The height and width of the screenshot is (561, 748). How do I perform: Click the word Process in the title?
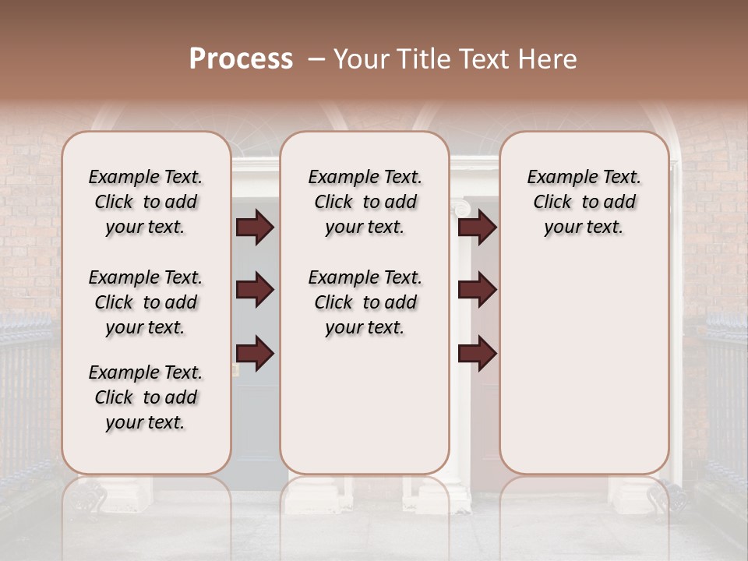pos(241,59)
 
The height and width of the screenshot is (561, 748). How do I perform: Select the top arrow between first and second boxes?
pos(254,228)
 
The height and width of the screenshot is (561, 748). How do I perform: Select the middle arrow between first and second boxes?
pos(254,290)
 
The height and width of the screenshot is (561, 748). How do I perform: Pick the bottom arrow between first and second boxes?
pos(254,354)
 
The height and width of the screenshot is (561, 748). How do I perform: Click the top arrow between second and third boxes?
pos(477,228)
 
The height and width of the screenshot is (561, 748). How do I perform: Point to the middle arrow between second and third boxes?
pos(477,290)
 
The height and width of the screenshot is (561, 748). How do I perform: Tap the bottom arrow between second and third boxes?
pos(477,354)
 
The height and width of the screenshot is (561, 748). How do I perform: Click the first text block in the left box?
pos(146,202)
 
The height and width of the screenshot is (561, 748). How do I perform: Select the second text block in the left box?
pos(146,302)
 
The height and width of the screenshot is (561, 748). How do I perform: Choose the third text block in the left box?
pos(146,397)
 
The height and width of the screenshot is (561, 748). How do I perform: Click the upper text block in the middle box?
pos(365,202)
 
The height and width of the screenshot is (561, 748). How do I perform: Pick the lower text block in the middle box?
pos(365,302)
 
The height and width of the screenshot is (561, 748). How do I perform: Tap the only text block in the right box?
pos(584,202)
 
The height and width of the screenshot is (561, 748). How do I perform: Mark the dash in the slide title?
pos(316,59)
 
